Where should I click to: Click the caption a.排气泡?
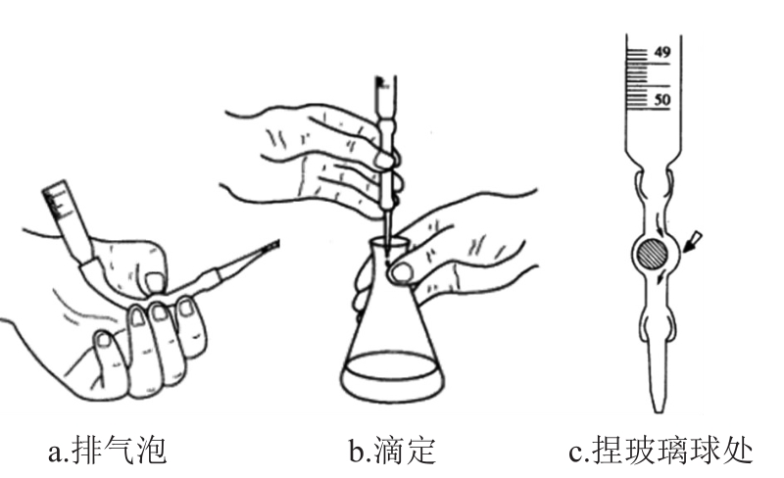click(108, 452)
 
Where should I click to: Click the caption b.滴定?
click(392, 452)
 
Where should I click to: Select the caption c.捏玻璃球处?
click(661, 452)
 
